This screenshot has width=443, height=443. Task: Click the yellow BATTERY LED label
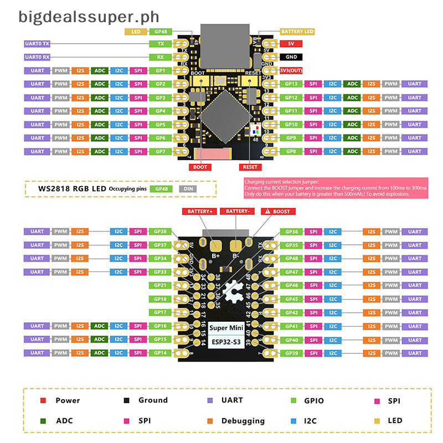pyautogui.click(x=297, y=32)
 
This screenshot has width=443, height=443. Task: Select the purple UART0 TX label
pyautogui.click(x=38, y=43)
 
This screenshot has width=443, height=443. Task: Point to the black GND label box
pyautogui.click(x=291, y=56)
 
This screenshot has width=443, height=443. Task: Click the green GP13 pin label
pyautogui.click(x=291, y=84)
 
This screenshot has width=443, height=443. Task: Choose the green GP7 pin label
pyautogui.click(x=161, y=151)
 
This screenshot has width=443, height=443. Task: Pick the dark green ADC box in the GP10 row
pyautogui.click(x=352, y=125)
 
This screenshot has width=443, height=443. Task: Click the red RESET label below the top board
pyautogui.click(x=250, y=167)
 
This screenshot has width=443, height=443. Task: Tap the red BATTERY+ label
pyautogui.click(x=199, y=212)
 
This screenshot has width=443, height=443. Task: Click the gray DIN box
pyautogui.click(x=188, y=189)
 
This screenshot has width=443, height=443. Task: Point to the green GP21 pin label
pyautogui.click(x=161, y=285)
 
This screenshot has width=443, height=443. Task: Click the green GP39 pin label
pyautogui.click(x=291, y=353)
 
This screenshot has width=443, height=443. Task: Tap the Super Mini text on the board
pyautogui.click(x=221, y=327)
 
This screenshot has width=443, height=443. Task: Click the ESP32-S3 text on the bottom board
pyautogui.click(x=221, y=342)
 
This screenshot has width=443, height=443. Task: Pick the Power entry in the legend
pyautogui.click(x=68, y=400)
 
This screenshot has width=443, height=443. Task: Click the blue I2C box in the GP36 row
pyautogui.click(x=332, y=231)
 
